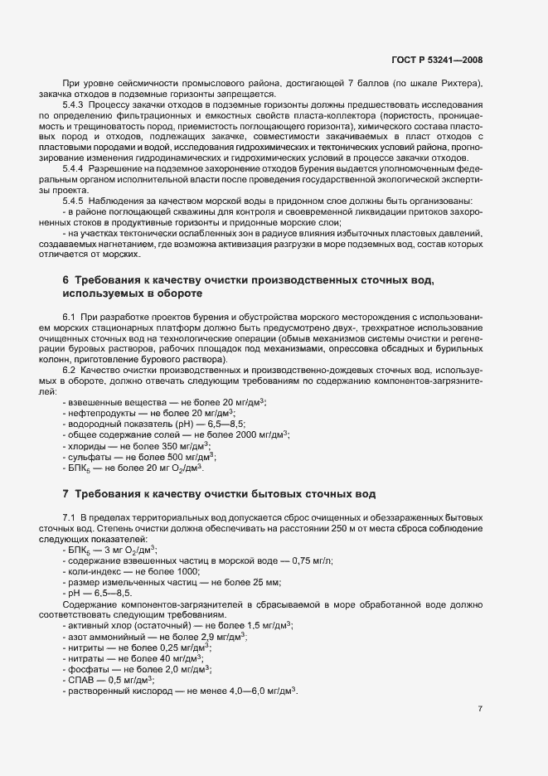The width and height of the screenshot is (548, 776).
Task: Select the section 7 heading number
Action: click(66, 494)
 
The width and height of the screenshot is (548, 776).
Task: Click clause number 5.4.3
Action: click(74, 105)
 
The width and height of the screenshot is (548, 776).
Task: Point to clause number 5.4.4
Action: click(74, 168)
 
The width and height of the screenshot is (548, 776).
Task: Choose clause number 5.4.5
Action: click(74, 201)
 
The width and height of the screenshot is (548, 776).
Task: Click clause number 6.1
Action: click(69, 317)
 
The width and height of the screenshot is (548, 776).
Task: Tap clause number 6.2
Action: click(69, 370)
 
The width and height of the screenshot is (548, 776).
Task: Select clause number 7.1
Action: click(69, 517)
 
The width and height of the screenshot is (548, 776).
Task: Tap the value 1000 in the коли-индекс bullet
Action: click(187, 571)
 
